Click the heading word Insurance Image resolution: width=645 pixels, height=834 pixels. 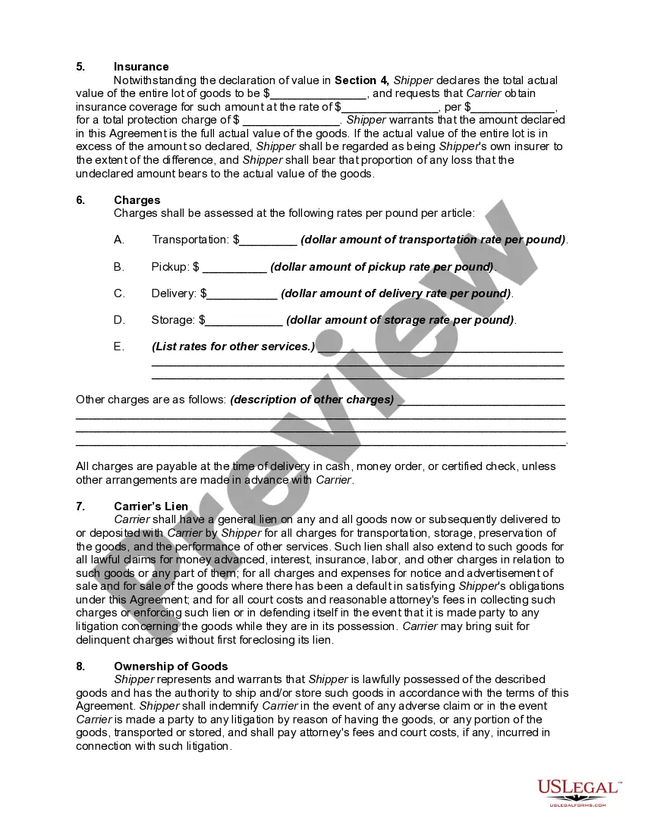coord(141,67)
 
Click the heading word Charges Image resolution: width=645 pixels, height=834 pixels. coord(137,200)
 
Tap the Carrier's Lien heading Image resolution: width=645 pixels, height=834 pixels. coord(151,506)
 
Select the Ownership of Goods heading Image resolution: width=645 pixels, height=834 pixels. coord(171,666)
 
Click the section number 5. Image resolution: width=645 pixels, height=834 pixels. coord(80,67)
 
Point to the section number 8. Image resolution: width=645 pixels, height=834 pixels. coord(80,666)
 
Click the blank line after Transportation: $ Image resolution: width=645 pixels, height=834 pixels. coord(269,240)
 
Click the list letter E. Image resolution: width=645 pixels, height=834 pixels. coord(118,347)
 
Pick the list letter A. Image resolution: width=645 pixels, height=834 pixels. coord(118,240)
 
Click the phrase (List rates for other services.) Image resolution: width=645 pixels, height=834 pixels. coord(233,347)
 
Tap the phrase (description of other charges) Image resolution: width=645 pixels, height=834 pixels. coord(312,400)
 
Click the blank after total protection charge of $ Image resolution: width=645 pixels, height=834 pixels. coord(291,121)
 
